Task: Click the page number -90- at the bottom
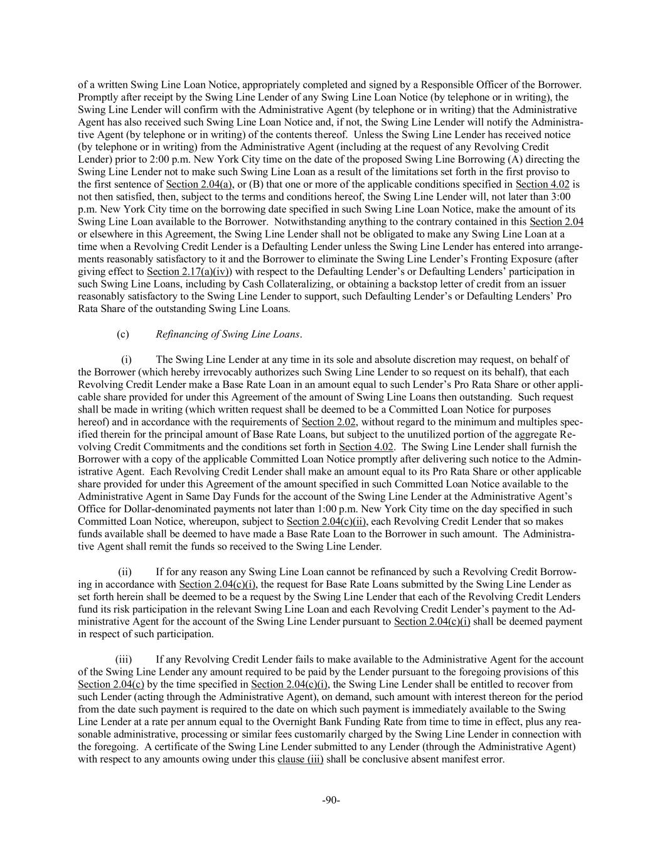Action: pyautogui.click(x=331, y=800)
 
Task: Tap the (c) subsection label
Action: pyautogui.click(x=123, y=334)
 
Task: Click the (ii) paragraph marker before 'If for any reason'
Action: pyautogui.click(x=125, y=571)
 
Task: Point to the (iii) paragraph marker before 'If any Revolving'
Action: pyautogui.click(x=124, y=659)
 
